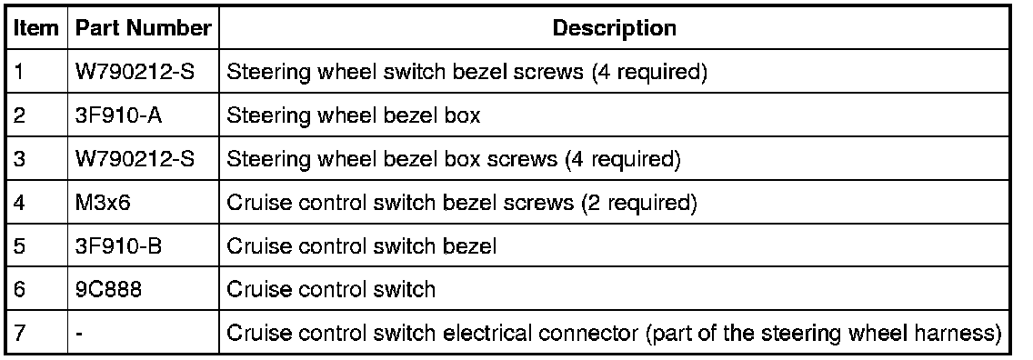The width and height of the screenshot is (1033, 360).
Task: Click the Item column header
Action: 36,27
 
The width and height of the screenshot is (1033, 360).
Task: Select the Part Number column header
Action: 144,27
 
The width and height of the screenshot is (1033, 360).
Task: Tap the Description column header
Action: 614,27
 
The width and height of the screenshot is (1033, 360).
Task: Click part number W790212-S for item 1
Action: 135,71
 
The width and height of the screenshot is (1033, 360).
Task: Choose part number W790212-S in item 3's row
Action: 135,158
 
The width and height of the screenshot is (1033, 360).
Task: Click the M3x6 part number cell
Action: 104,202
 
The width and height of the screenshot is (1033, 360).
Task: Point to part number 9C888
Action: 108,289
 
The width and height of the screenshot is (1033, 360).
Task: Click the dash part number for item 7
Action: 79,334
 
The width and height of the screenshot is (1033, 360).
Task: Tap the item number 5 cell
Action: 18,245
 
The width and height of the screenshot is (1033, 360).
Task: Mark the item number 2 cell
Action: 18,115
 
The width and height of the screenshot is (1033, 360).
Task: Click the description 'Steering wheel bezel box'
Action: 353,115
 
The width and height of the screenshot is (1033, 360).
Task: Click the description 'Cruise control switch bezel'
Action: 361,245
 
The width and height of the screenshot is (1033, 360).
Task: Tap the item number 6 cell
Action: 18,289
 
